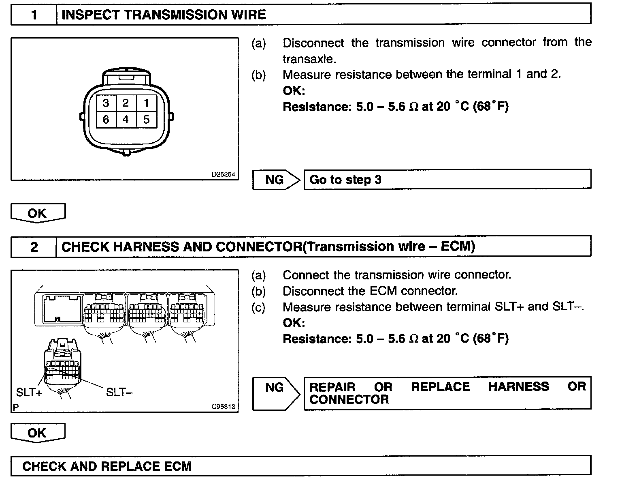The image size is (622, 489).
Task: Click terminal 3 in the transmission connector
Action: [106, 103]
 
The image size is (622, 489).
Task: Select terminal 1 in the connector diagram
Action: [147, 103]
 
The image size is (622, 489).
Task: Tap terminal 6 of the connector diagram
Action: [106, 120]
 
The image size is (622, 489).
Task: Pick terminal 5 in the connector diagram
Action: [147, 120]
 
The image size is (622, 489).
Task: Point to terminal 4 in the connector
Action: [126, 120]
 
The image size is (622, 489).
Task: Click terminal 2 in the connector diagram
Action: [126, 103]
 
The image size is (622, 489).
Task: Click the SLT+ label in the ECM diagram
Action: [29, 392]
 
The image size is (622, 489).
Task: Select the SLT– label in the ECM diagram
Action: [119, 392]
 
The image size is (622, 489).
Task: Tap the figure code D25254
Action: [223, 175]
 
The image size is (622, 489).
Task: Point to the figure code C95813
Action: [223, 407]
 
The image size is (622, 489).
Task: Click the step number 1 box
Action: [34, 15]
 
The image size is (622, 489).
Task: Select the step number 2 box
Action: [34, 247]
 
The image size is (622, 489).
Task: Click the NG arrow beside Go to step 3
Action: [275, 180]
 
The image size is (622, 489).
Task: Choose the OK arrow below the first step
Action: [38, 213]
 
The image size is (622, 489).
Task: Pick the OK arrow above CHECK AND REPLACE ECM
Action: [37, 433]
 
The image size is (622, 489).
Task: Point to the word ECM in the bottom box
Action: [178, 466]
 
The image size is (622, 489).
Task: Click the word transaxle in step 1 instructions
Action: [309, 59]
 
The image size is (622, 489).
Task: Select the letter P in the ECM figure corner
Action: [16, 407]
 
